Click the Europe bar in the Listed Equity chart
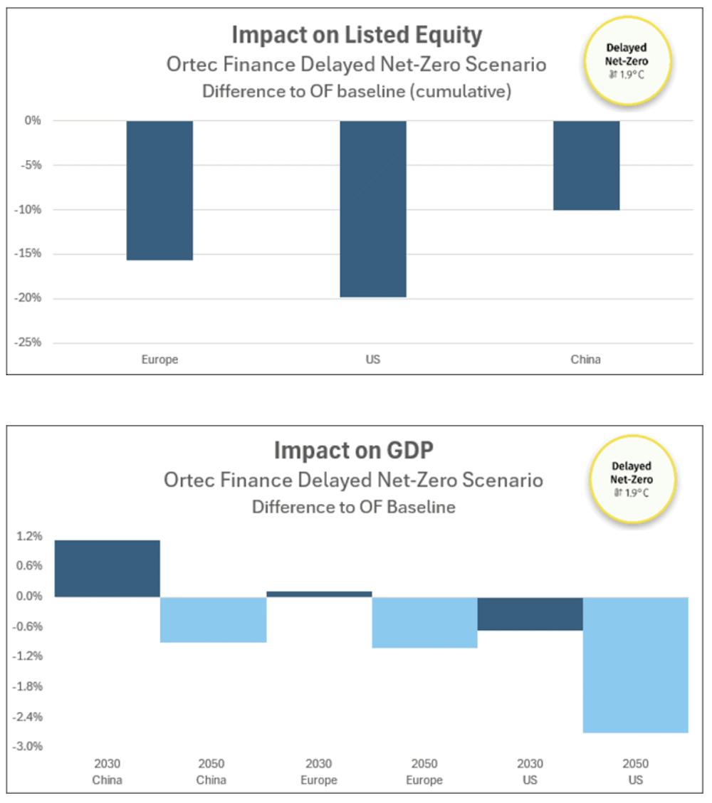(x=159, y=190)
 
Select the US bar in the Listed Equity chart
(x=372, y=209)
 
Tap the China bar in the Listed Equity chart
(x=586, y=165)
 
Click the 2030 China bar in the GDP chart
(x=107, y=568)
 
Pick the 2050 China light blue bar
(x=213, y=619)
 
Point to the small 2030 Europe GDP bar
(x=319, y=594)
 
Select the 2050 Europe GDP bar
(x=424, y=622)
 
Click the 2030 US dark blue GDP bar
(x=530, y=614)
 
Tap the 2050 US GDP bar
(x=636, y=664)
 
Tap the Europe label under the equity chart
(x=159, y=359)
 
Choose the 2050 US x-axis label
(x=636, y=772)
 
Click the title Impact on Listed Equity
(x=357, y=35)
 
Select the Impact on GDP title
(x=354, y=451)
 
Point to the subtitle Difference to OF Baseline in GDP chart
(x=354, y=508)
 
